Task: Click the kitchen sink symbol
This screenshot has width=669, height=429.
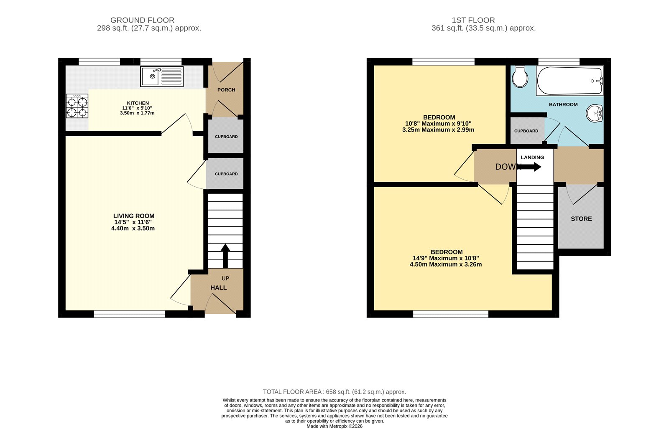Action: click(162, 77)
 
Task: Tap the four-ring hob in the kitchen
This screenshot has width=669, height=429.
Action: click(77, 107)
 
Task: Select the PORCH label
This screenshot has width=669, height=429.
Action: click(226, 90)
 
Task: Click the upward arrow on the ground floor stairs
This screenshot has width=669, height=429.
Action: click(225, 255)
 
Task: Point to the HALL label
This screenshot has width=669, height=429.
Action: click(218, 288)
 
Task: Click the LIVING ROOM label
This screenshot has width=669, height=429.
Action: click(133, 216)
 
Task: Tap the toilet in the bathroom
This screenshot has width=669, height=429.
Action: click(520, 76)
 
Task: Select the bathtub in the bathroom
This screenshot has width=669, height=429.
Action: click(569, 81)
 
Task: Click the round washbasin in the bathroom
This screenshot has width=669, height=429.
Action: click(594, 113)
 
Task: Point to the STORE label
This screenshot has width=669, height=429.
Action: click(581, 219)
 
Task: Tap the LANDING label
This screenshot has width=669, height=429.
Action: click(532, 157)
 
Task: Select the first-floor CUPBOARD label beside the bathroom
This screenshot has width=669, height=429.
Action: click(526, 131)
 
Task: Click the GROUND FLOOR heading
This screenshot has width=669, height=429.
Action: click(142, 20)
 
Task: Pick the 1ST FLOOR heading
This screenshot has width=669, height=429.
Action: click(473, 20)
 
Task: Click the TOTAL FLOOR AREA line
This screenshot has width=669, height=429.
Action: click(334, 392)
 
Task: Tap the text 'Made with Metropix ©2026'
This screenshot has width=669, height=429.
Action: click(334, 426)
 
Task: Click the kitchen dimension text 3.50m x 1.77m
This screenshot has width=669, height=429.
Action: click(137, 113)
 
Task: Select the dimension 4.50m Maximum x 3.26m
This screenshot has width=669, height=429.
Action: click(446, 264)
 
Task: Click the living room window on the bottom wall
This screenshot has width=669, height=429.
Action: click(130, 314)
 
